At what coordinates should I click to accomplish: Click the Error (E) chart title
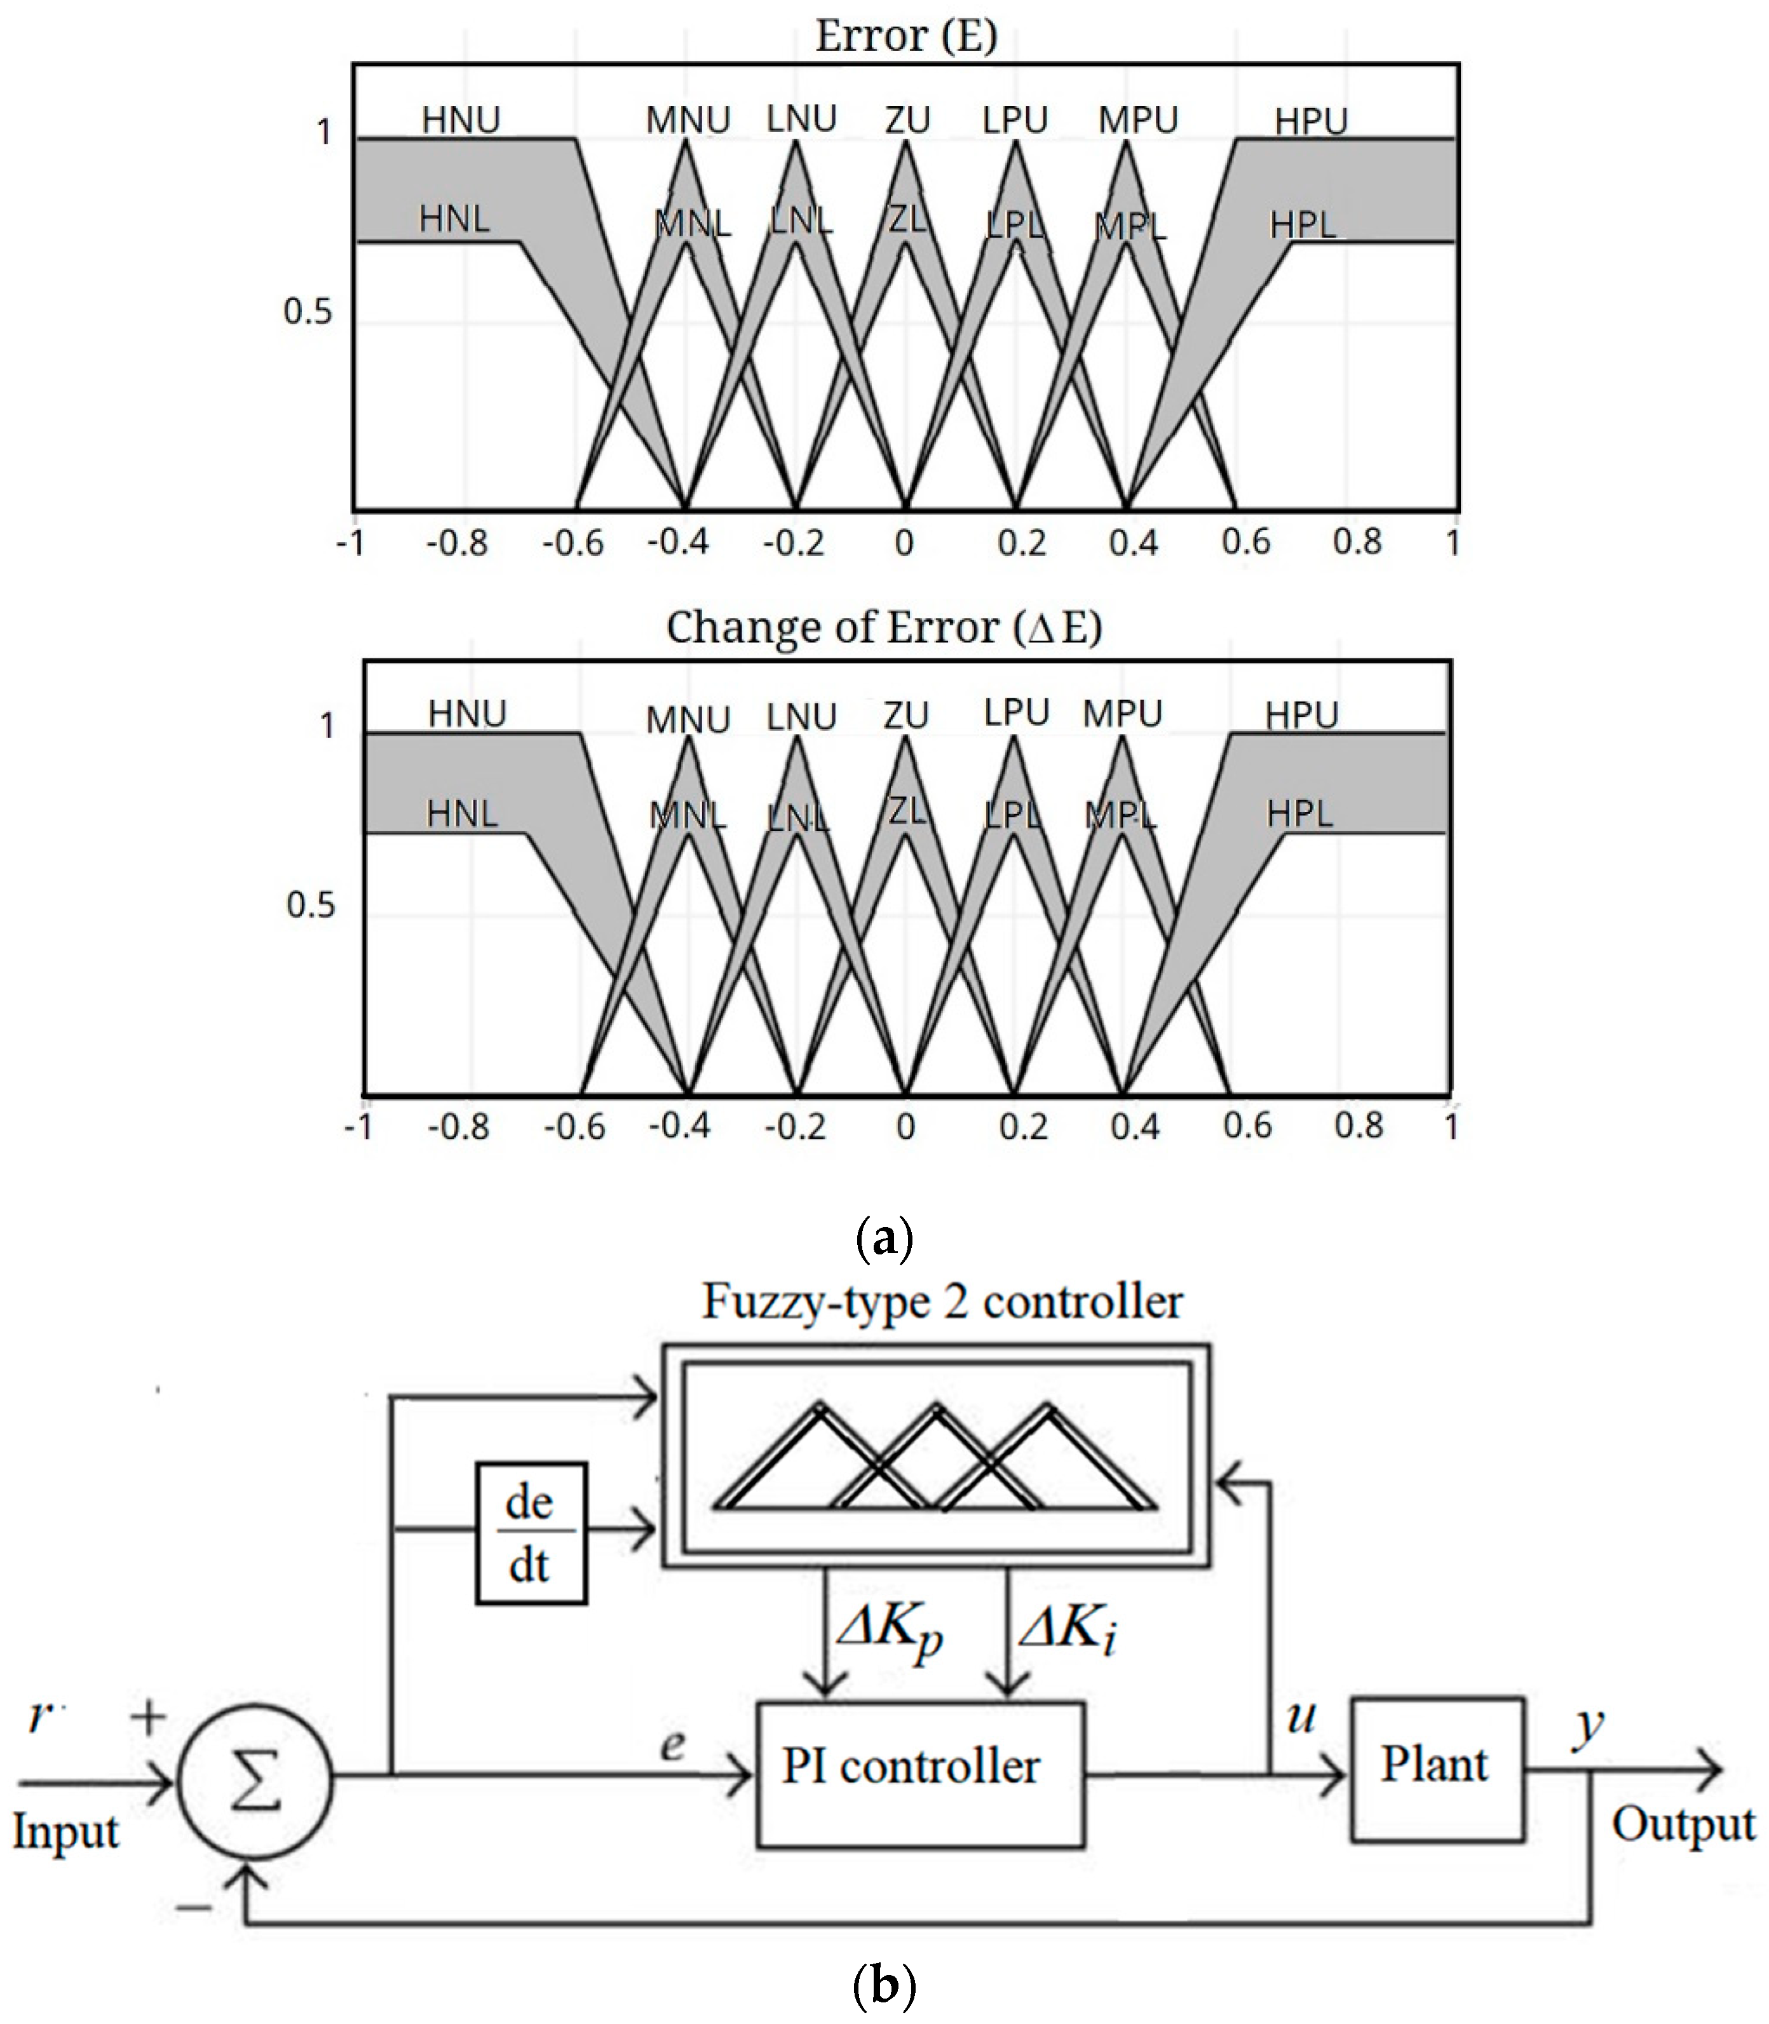click(905, 36)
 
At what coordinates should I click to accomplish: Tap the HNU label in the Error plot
click(461, 121)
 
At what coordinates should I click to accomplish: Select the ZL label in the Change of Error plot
click(906, 811)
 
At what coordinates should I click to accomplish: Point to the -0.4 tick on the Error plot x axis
click(677, 542)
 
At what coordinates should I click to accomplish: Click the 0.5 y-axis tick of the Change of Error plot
click(310, 904)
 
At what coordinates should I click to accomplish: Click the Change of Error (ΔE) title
click(883, 628)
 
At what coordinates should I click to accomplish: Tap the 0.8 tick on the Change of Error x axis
click(1359, 1125)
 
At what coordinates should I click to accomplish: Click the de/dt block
click(531, 1533)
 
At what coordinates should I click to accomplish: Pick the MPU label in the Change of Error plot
click(1122, 713)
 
